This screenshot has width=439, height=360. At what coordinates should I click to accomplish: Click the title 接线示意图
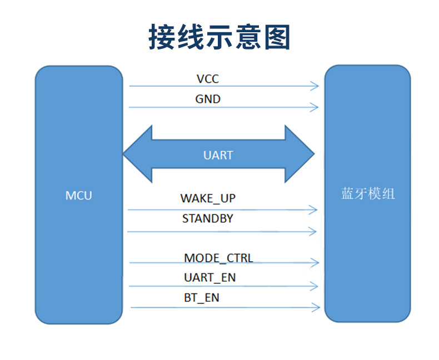click(x=219, y=37)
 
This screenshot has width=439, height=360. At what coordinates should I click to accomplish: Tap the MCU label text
click(x=79, y=196)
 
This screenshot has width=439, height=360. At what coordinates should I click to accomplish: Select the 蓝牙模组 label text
click(x=368, y=194)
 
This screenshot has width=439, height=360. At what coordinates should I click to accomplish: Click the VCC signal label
click(x=208, y=79)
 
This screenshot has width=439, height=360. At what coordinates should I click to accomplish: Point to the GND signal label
click(x=208, y=99)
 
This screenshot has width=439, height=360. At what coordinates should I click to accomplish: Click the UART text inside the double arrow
click(x=218, y=156)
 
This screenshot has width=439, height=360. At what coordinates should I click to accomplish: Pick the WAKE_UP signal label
click(x=208, y=198)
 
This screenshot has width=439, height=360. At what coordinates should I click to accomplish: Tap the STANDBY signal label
click(x=208, y=219)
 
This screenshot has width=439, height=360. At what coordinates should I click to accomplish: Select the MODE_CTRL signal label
click(x=218, y=258)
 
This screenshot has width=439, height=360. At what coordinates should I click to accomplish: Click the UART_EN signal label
click(x=209, y=278)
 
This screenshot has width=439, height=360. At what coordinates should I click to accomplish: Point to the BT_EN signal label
click(x=202, y=298)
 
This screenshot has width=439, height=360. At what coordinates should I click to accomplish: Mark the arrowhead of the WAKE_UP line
click(x=313, y=209)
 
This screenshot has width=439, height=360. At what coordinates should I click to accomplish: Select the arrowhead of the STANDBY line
click(x=312, y=232)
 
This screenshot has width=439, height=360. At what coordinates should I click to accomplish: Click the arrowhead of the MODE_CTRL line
click(x=315, y=263)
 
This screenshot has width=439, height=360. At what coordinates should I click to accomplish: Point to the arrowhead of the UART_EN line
click(x=314, y=286)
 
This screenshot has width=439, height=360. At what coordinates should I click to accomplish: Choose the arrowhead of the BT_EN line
click(x=316, y=307)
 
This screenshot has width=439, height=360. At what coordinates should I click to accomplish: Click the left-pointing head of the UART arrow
click(x=138, y=154)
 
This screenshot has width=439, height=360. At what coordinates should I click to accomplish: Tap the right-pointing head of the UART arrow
click(x=300, y=154)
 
